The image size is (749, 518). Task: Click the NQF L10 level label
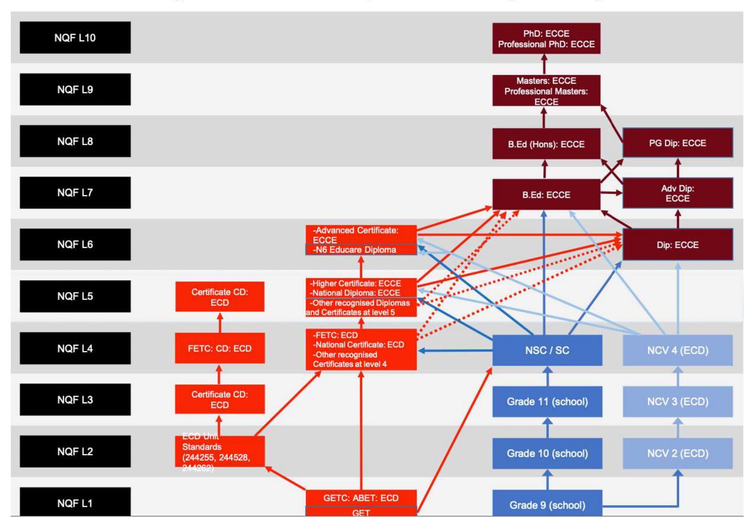pyautogui.click(x=75, y=38)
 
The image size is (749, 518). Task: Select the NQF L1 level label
pyautogui.click(x=75, y=503)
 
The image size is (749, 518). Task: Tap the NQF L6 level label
pyautogui.click(x=75, y=244)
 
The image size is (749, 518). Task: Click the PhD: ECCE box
pyautogui.click(x=546, y=38)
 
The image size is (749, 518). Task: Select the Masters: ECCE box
pyautogui.click(x=546, y=91)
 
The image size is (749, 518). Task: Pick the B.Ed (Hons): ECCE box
pyautogui.click(x=546, y=144)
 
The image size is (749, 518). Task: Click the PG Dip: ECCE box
pyautogui.click(x=678, y=143)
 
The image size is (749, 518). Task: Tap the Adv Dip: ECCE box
pyautogui.click(x=678, y=193)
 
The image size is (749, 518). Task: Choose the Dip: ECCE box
pyautogui.click(x=678, y=245)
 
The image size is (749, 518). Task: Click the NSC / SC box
pyautogui.click(x=547, y=350)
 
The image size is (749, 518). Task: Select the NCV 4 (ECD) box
pyautogui.click(x=678, y=350)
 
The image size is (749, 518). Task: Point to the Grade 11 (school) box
pyautogui.click(x=547, y=402)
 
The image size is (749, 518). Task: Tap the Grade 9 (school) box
pyautogui.click(x=547, y=504)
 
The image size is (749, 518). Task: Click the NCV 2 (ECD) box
pyautogui.click(x=678, y=453)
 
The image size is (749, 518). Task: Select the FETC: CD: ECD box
pyautogui.click(x=219, y=348)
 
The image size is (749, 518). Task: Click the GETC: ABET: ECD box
pyautogui.click(x=361, y=498)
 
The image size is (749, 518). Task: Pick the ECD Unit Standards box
pyautogui.click(x=219, y=452)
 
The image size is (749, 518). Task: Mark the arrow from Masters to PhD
pyautogui.click(x=544, y=64)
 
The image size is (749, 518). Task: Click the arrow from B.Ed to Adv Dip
pyautogui.click(x=611, y=193)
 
